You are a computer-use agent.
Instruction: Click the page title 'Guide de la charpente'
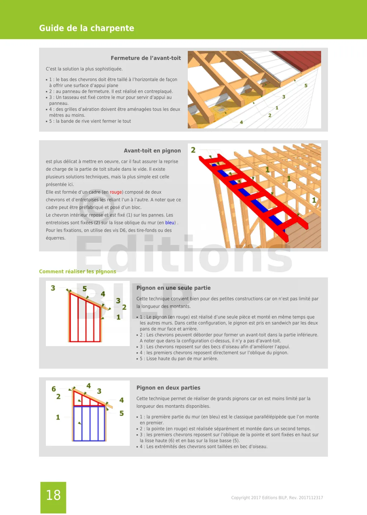[x=86, y=28]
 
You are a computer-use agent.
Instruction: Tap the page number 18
[x=53, y=495]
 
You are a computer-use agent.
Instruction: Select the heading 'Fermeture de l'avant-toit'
[x=146, y=58]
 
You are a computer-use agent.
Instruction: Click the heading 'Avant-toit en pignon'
[x=152, y=151]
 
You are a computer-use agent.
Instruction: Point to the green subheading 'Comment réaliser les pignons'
[x=77, y=271]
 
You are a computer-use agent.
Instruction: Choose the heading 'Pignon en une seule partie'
[x=173, y=288]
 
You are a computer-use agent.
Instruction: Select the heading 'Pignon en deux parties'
[x=168, y=388]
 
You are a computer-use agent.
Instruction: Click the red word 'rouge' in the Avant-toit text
[x=116, y=192]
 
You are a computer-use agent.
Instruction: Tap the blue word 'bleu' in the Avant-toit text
[x=170, y=223]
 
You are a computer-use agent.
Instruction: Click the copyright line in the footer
[x=277, y=498]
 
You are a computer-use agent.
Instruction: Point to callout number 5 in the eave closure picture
[x=306, y=86]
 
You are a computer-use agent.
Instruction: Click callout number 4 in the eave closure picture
[x=241, y=122]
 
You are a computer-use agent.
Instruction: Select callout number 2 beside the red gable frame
[x=193, y=150]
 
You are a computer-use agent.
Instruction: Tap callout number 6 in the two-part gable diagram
[x=54, y=389]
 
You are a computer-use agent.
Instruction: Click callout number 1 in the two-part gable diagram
[x=58, y=417]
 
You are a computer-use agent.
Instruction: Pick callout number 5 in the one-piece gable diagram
[x=85, y=289]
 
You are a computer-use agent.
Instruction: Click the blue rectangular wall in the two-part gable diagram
[x=89, y=423]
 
